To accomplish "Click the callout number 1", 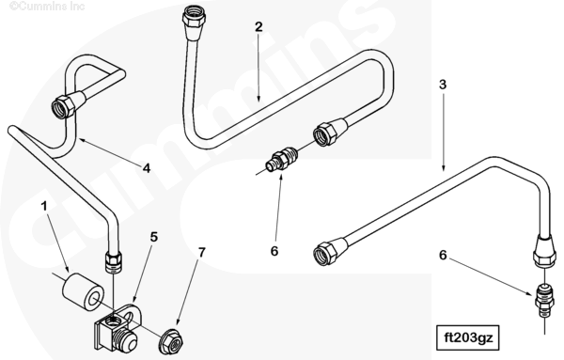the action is [44, 207].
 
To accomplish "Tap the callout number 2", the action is [258, 27].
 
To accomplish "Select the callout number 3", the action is [443, 85].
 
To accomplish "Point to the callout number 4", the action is [146, 168].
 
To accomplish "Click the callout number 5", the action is [154, 237].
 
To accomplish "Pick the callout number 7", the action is [202, 253].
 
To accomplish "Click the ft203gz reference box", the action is [467, 338].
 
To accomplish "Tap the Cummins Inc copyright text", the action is [47, 7].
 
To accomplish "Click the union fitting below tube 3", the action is [544, 300].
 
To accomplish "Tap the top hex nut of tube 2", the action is [195, 15].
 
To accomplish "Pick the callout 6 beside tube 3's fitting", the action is [443, 255].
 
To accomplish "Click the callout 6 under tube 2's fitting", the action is [274, 251].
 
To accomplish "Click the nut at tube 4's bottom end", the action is [113, 262].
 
